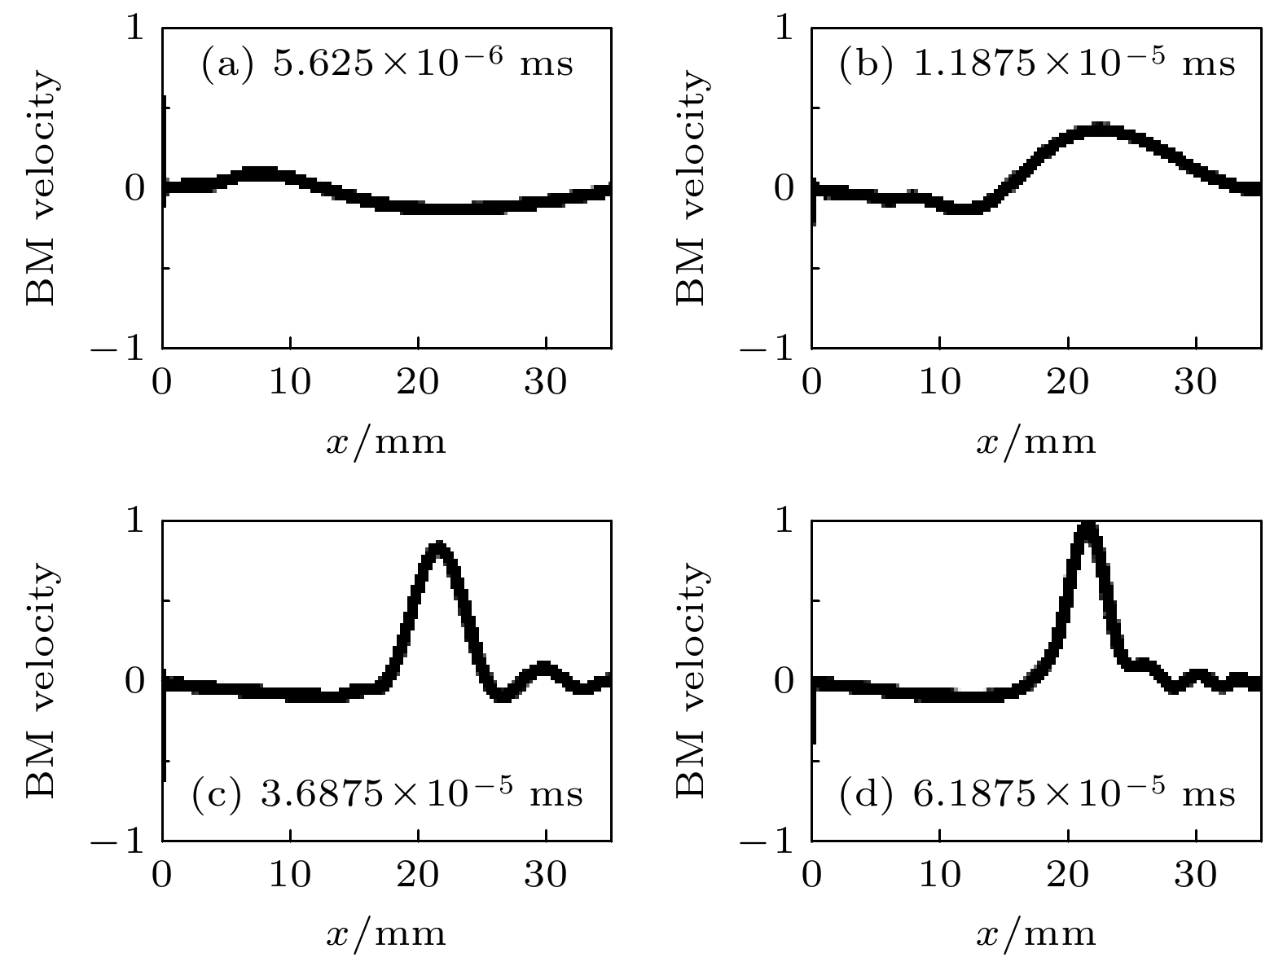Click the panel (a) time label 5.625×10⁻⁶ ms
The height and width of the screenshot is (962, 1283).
pos(387,64)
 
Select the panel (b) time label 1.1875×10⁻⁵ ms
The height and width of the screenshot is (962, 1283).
pos(1036,64)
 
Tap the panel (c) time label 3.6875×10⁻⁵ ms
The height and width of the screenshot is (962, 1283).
pos(387,793)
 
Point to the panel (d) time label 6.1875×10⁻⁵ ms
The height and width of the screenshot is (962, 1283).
pos(1036,793)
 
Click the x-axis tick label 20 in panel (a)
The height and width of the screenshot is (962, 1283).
pos(418,380)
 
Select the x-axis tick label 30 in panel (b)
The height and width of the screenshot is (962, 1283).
pos(1195,380)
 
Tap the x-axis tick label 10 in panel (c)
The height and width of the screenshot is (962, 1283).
pos(290,874)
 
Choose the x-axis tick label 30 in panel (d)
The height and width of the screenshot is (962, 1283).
pos(1195,874)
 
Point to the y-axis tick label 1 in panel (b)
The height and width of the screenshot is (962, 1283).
pos(784,29)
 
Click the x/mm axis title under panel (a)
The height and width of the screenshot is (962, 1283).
pos(386,441)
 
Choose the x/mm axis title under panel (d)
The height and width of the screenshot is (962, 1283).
pos(1035,933)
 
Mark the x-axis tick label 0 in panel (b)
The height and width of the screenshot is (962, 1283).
pos(812,380)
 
